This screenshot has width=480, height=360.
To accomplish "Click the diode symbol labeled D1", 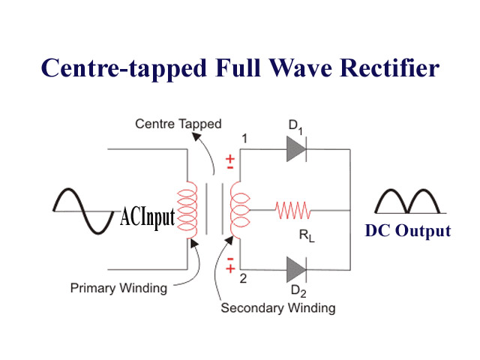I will (295, 149).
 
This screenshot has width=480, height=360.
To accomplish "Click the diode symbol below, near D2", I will (295, 268).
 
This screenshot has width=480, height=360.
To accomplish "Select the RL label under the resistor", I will (307, 235).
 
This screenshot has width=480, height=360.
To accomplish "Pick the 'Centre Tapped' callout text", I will (178, 124).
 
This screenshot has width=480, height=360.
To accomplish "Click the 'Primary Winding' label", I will (118, 287).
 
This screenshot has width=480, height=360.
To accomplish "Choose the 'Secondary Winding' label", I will (277, 308).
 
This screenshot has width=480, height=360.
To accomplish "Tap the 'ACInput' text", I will (148, 217).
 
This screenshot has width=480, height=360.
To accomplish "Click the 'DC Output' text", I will (408, 231).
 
